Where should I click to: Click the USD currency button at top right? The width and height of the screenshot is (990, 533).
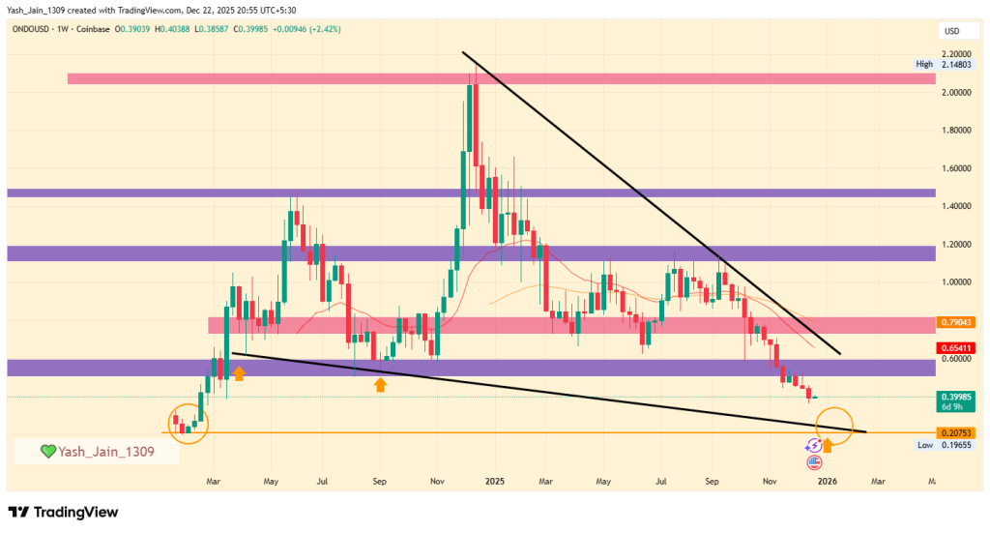[x=950, y=32]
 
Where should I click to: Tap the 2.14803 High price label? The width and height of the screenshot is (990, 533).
[x=953, y=64]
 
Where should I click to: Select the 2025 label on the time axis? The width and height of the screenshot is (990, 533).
[x=495, y=481]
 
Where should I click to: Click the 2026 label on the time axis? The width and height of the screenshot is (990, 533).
[x=826, y=481]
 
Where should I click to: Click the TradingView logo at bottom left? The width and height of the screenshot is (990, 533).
[x=64, y=512]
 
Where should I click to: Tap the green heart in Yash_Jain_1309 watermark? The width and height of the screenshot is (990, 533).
[x=46, y=451]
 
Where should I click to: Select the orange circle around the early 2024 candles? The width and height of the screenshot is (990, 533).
[x=189, y=423]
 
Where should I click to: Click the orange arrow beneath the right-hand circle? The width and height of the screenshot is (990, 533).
[x=828, y=446]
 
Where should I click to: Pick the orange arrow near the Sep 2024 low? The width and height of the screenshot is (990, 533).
[x=380, y=385]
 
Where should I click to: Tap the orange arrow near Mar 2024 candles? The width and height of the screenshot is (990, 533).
[x=238, y=372]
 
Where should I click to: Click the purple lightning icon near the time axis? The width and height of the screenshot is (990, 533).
[x=814, y=445]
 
